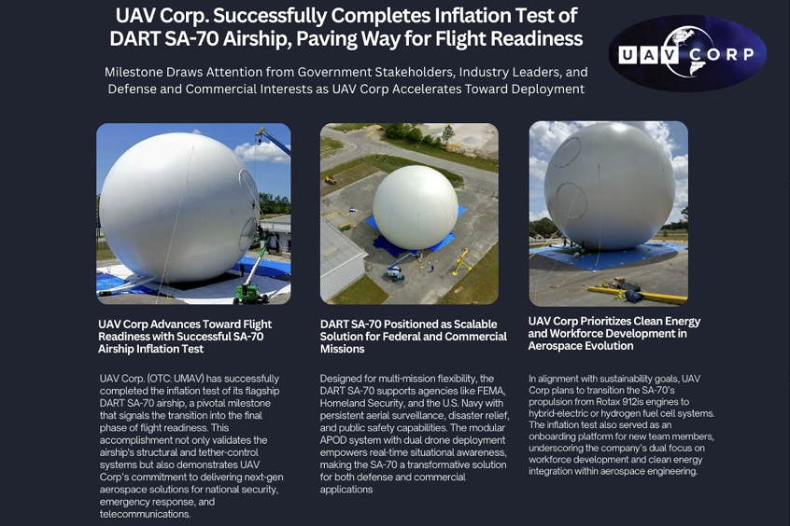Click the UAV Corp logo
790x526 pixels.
click(686, 53)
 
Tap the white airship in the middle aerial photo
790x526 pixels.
click(415, 207)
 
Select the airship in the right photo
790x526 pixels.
click(608, 188)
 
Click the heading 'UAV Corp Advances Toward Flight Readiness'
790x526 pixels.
click(185, 336)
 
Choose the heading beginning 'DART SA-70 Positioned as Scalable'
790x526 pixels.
click(413, 336)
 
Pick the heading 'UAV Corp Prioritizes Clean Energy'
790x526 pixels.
click(614, 333)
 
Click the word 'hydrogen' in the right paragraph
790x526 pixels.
click(628, 413)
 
